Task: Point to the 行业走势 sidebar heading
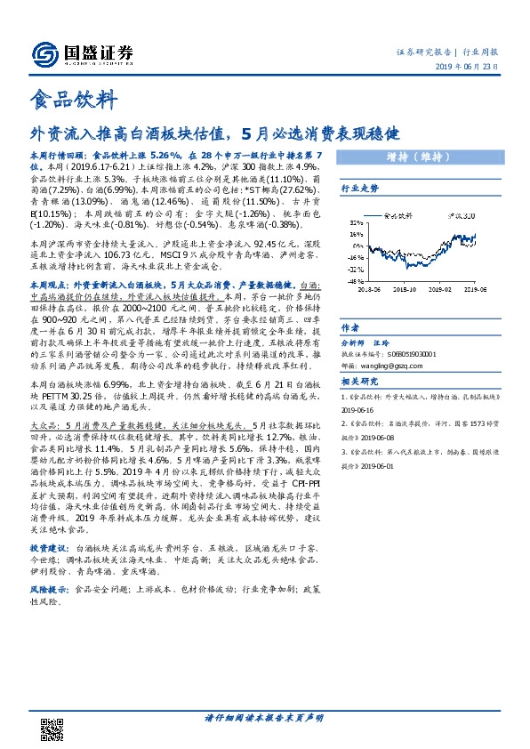pos(360,189)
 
